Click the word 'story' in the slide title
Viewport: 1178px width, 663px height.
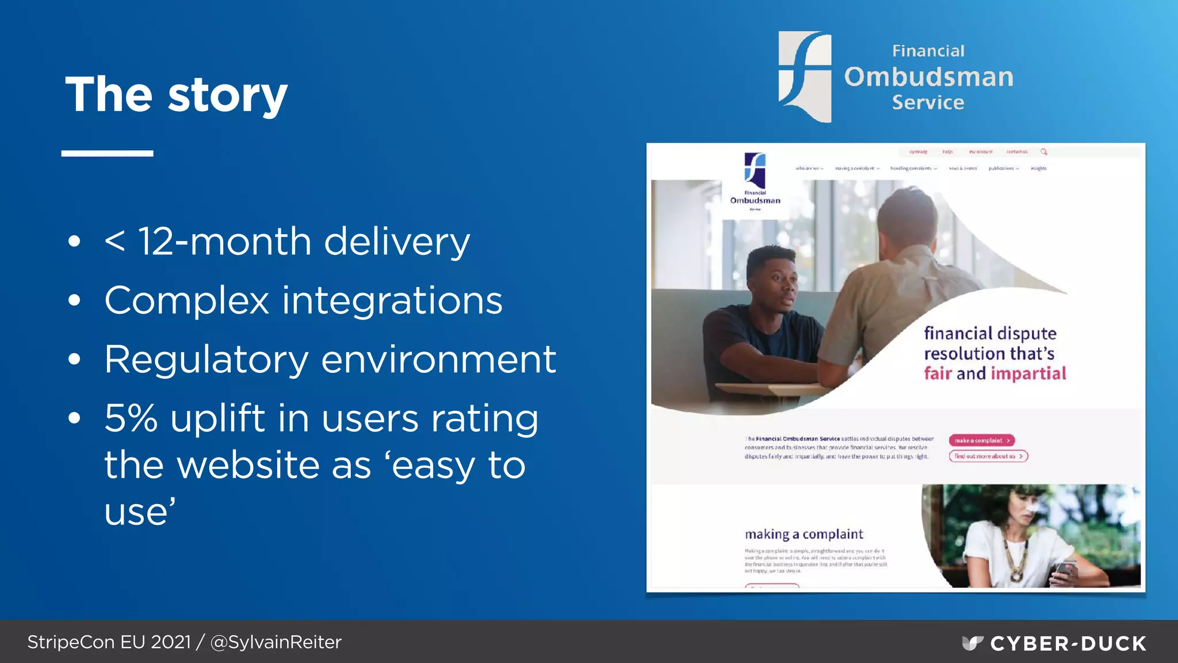[x=227, y=96]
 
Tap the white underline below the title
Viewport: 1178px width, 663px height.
[x=107, y=153]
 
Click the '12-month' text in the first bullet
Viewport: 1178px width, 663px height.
[x=224, y=241]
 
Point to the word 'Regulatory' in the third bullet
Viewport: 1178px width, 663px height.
[x=206, y=360]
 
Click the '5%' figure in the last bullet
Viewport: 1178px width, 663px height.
[x=131, y=418]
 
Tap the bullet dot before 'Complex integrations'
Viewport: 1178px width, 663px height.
[x=74, y=300]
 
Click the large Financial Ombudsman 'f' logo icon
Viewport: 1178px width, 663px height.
[x=805, y=76]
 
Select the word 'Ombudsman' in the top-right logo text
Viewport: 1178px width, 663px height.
[x=928, y=77]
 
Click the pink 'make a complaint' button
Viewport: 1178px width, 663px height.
[x=981, y=440]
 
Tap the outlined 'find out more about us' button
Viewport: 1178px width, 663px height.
[x=988, y=456]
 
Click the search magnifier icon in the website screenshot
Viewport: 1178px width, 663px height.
[x=1043, y=152]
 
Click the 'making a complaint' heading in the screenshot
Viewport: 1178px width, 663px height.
[x=804, y=534]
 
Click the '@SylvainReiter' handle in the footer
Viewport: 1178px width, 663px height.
[x=276, y=642]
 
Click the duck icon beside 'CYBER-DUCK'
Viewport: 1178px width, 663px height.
[x=972, y=643]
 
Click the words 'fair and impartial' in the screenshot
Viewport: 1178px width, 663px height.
[x=995, y=374]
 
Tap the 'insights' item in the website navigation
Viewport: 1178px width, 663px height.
[x=1038, y=169]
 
